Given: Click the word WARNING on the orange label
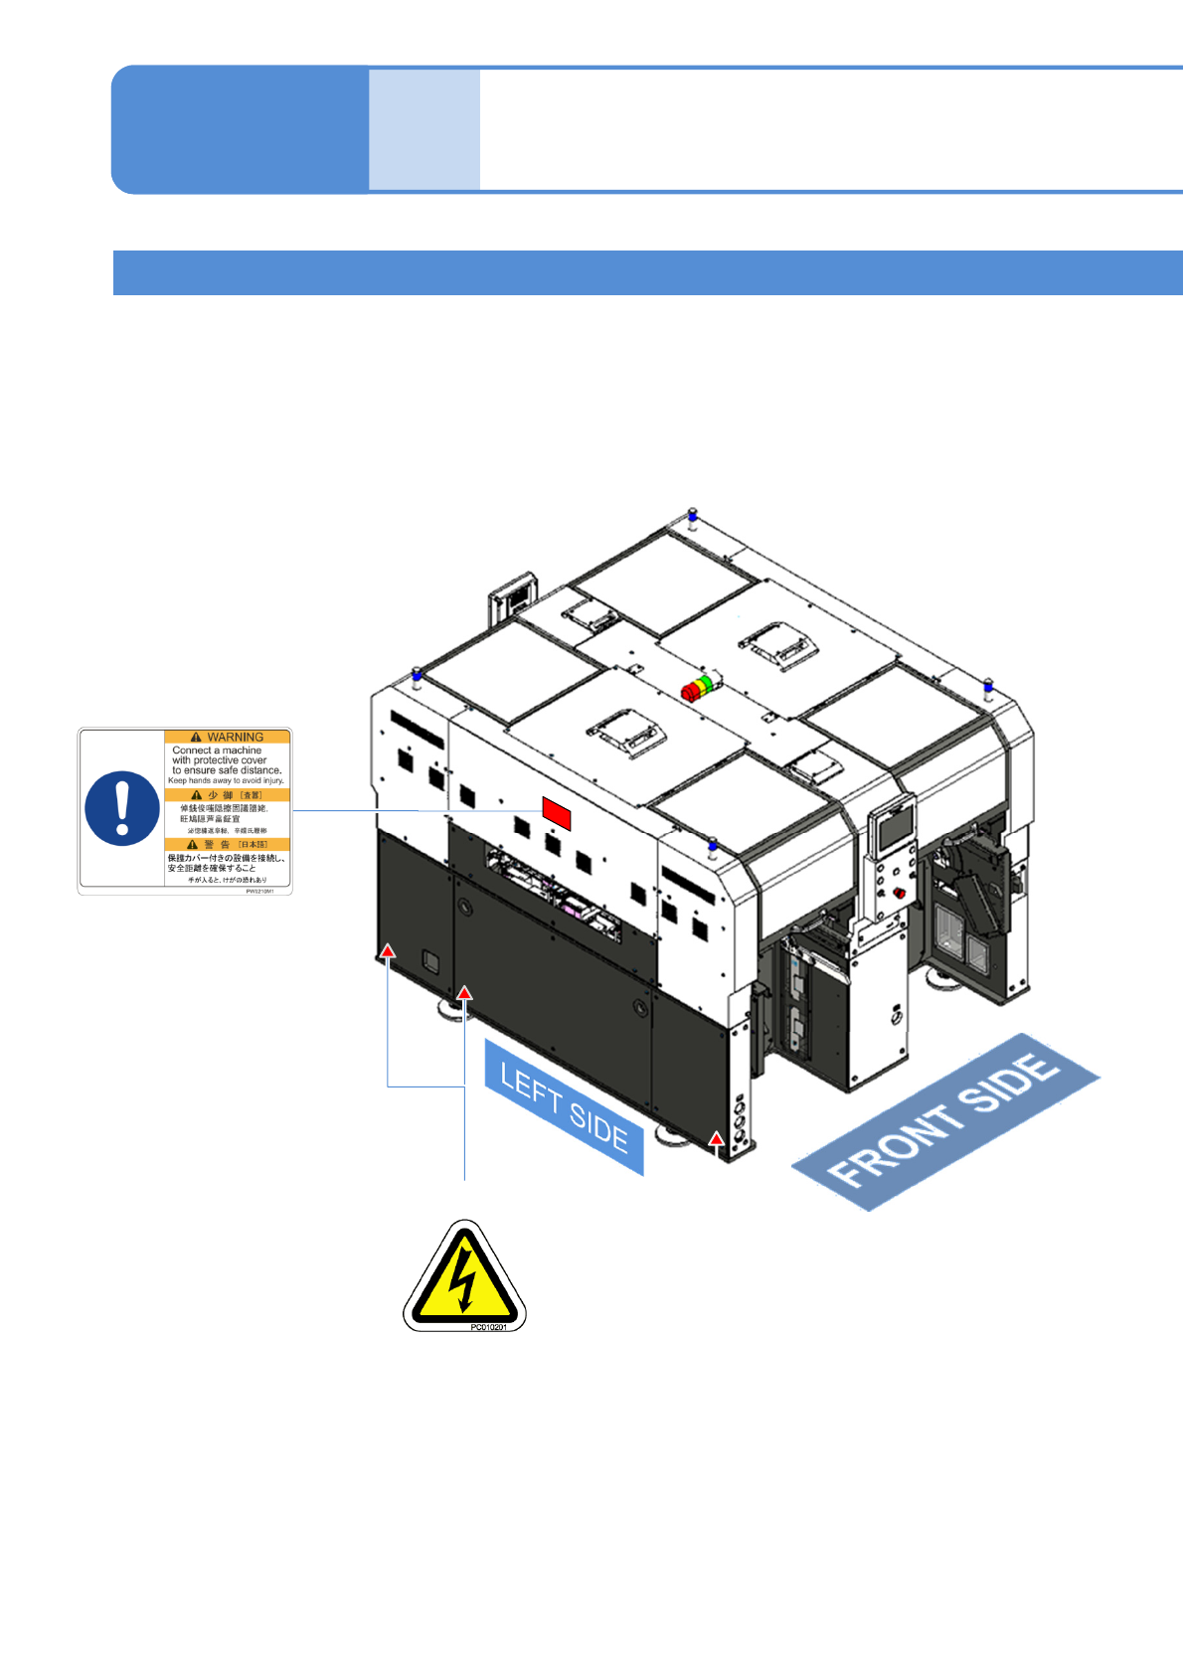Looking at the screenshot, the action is pyautogui.click(x=235, y=737).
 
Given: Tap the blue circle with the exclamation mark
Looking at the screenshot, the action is pyautogui.click(x=122, y=808).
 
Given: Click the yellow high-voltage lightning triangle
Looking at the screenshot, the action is pyautogui.click(x=464, y=1275).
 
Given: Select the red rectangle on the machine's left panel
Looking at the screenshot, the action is pyautogui.click(x=557, y=812).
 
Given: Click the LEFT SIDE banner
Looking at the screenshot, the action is pyautogui.click(x=564, y=1106).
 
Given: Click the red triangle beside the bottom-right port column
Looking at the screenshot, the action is pyautogui.click(x=716, y=1138).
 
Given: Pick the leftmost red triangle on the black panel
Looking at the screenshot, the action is pyautogui.click(x=388, y=951).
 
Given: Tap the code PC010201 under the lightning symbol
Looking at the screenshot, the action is pyautogui.click(x=488, y=1327).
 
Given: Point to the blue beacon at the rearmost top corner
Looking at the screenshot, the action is pyautogui.click(x=693, y=515).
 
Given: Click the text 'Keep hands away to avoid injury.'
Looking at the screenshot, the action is pyautogui.click(x=226, y=780).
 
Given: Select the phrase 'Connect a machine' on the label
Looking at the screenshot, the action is pyautogui.click(x=217, y=751).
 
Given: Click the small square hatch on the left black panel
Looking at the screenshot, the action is pyautogui.click(x=430, y=961).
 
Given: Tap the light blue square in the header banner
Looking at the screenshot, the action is pyautogui.click(x=424, y=129).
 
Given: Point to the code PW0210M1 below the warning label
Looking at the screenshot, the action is pyautogui.click(x=266, y=891).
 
